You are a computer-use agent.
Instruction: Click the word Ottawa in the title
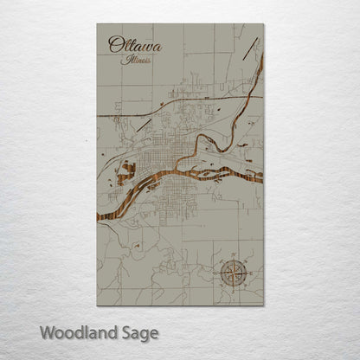134,45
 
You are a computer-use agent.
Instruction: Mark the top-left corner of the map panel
97,24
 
